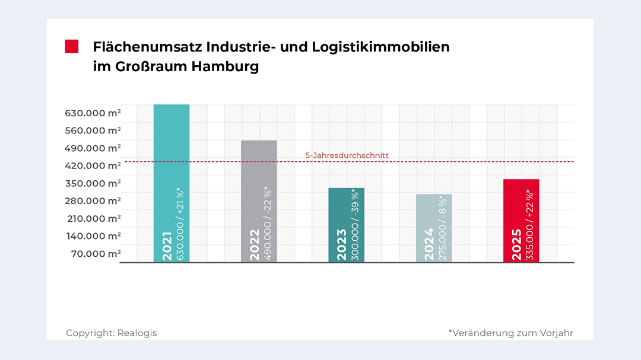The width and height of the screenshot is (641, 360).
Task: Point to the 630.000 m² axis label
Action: point(94,113)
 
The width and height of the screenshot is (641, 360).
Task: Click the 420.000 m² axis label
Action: point(94,165)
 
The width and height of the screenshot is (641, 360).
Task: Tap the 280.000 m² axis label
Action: point(94,200)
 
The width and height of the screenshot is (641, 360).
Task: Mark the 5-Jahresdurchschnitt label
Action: point(347,155)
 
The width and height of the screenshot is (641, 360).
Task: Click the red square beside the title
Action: point(72,47)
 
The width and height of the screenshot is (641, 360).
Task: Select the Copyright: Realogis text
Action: point(112,333)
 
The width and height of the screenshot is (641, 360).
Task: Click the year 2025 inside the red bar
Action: point(516,244)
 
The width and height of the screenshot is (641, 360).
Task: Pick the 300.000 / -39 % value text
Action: point(355,225)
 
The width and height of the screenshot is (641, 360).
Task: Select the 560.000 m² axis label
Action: point(94,130)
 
